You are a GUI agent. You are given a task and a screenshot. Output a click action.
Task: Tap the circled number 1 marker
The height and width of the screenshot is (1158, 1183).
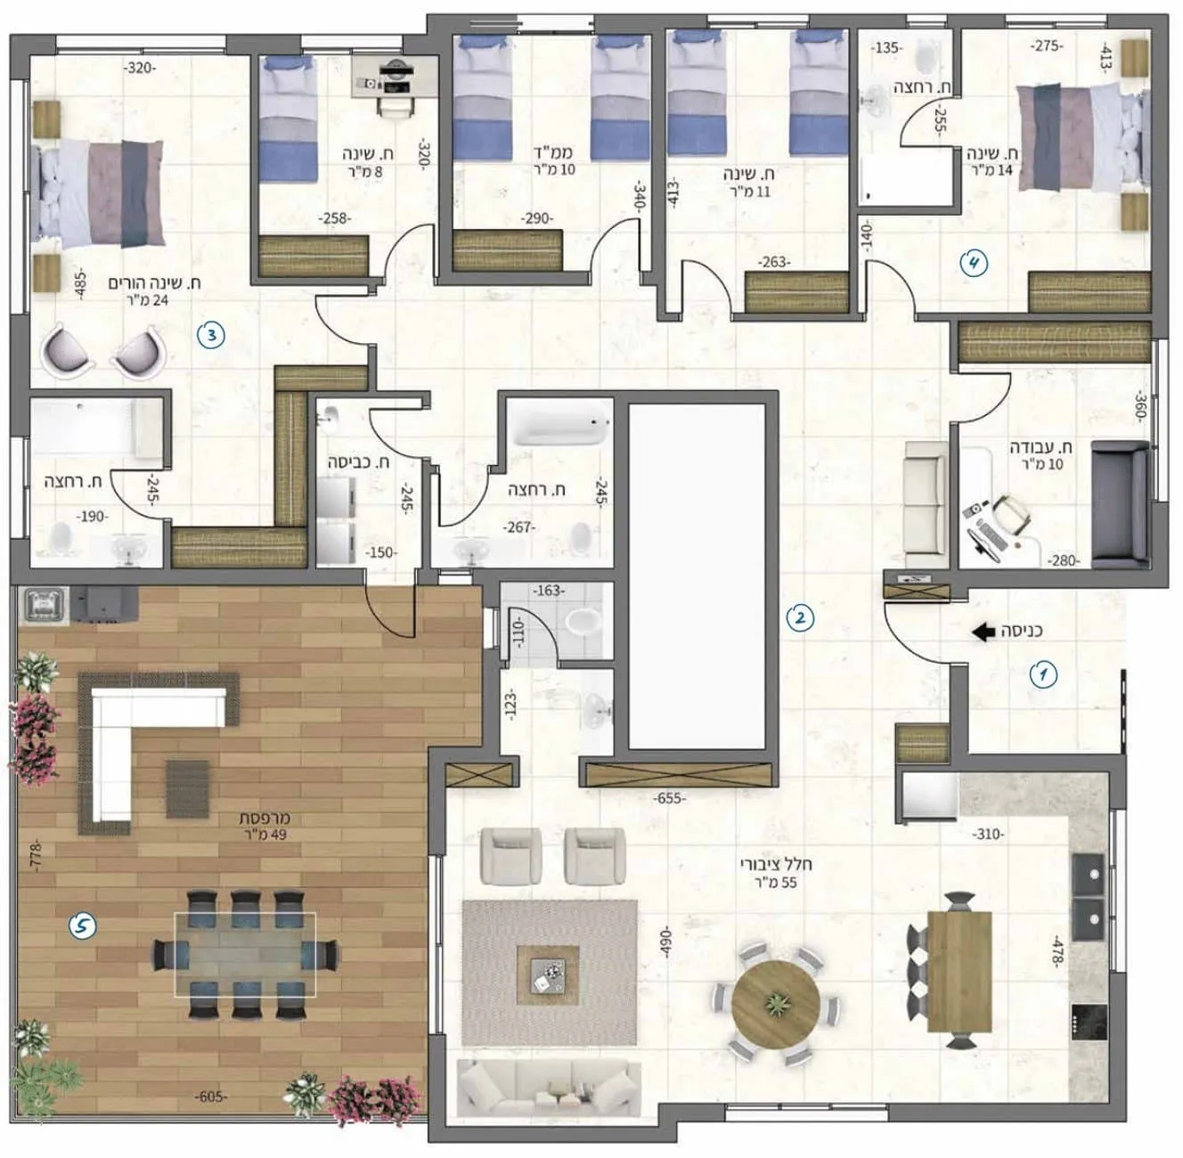(1043, 675)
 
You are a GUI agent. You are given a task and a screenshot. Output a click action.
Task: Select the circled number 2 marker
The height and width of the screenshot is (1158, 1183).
(801, 618)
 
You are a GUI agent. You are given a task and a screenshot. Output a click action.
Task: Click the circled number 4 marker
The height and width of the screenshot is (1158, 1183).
(975, 264)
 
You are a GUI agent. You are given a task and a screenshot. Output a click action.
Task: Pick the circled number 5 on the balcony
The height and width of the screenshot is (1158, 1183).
(82, 926)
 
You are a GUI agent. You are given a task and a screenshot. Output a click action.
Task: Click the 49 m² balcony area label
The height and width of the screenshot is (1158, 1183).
(265, 835)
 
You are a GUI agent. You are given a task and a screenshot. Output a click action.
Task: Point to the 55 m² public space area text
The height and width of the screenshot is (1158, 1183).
(776, 883)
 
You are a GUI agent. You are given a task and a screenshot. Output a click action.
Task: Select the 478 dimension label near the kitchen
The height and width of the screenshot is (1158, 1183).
(1057, 952)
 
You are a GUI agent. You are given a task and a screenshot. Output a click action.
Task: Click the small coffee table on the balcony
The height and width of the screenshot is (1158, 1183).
(187, 788)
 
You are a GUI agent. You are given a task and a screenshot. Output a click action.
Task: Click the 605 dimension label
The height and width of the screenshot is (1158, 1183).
(210, 1097)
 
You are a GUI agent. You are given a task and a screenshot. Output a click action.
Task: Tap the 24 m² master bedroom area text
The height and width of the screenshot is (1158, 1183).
(145, 300)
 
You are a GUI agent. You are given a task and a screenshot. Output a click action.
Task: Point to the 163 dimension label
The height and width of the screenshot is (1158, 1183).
(548, 591)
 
